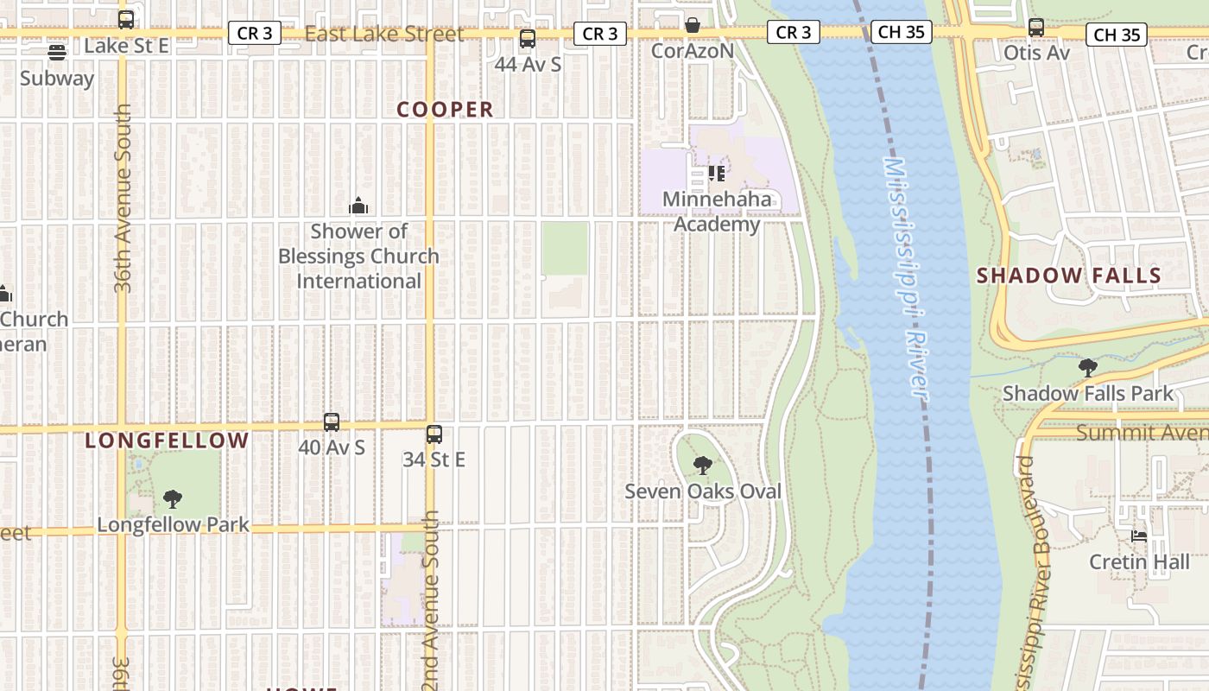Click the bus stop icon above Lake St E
(126, 19)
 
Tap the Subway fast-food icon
(57, 53)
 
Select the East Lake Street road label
(384, 35)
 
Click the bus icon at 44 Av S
(527, 39)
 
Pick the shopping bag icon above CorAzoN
(692, 25)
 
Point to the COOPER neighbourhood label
(445, 110)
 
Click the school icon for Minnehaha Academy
(716, 174)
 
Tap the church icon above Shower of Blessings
(358, 206)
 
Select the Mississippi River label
(906, 276)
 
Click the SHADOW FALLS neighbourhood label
(1068, 276)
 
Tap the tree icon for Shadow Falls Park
(1088, 368)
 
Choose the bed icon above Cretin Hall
(1139, 536)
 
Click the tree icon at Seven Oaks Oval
(703, 466)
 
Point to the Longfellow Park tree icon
(173, 498)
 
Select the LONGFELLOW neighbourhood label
(167, 441)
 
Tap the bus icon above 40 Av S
(332, 422)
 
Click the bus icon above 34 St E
(434, 434)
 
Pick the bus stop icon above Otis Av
(1036, 28)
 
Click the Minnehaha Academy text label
(717, 212)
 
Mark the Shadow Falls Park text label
(1088, 394)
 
